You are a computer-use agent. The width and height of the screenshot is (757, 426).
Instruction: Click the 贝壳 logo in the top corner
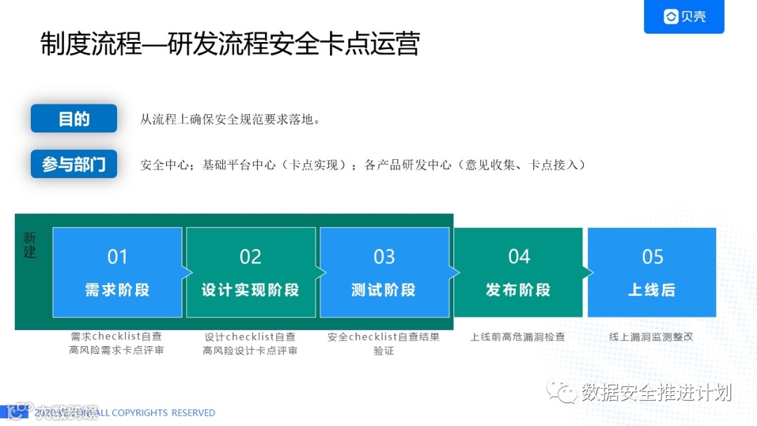(x=684, y=17)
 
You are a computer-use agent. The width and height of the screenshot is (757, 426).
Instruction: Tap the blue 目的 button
(x=74, y=118)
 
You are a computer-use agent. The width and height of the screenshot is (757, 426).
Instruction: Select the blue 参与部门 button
(x=74, y=164)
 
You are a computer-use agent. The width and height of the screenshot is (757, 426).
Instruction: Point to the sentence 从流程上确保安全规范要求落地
(x=231, y=119)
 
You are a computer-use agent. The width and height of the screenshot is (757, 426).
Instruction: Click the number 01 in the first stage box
(x=117, y=257)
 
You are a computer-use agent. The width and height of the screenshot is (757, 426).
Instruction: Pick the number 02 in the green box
(x=250, y=257)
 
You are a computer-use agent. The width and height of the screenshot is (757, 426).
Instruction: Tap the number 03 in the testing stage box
(x=384, y=257)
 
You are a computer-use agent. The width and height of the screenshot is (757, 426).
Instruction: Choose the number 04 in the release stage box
(x=519, y=257)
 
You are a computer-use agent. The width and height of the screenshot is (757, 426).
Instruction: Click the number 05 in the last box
(x=653, y=257)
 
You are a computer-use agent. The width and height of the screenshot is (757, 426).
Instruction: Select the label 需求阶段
(x=117, y=289)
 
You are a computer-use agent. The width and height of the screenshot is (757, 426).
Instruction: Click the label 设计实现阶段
(x=250, y=289)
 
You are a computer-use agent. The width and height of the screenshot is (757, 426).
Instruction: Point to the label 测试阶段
(x=384, y=289)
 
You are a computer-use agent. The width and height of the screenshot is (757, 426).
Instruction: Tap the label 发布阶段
(x=519, y=289)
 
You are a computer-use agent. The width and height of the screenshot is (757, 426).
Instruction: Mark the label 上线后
(x=652, y=289)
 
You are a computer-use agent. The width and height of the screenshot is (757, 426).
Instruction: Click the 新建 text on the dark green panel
(x=29, y=245)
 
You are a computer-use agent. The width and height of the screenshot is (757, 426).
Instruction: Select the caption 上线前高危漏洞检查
(x=517, y=337)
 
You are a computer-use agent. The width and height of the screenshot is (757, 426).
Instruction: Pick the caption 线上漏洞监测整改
(x=651, y=337)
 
